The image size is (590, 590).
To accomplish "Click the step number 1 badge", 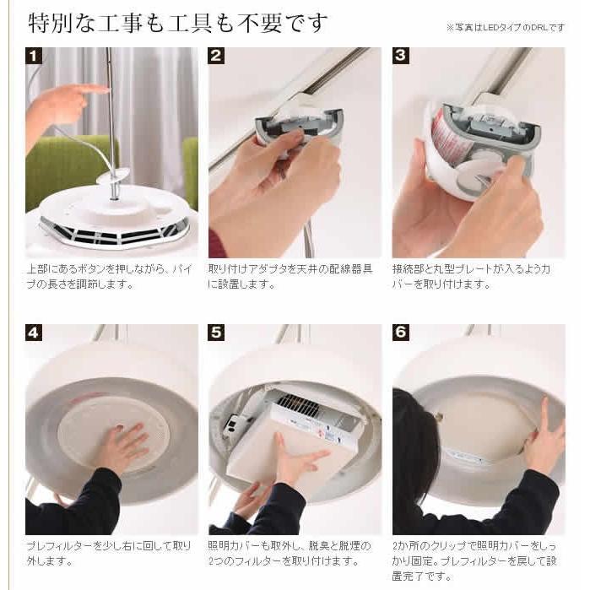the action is point(34,56).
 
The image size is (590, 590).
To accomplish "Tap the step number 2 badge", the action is point(216,56).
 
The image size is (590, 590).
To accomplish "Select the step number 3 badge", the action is point(401,56).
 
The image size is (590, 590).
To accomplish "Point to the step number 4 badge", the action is point(34,333).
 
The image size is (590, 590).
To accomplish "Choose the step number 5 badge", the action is point(216,333).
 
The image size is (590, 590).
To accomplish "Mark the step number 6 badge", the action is point(401,333).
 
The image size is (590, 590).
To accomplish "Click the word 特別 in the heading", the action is point(51,23).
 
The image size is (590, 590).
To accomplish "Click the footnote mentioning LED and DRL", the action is point(506,28).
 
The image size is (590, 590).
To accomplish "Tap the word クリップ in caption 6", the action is point(445,546).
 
